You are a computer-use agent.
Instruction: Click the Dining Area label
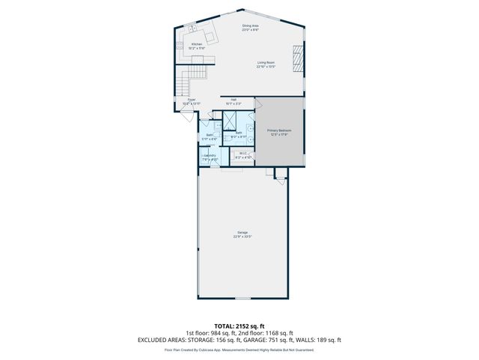(x=250, y=26)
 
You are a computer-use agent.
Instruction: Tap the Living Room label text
(x=266, y=64)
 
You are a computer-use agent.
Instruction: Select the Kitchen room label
(x=197, y=44)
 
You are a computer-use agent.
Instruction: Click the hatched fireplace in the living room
(x=297, y=58)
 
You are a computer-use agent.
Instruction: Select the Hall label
(x=234, y=99)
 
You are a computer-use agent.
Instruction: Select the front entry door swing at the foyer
(x=186, y=117)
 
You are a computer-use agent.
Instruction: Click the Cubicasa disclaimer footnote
(x=239, y=349)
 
